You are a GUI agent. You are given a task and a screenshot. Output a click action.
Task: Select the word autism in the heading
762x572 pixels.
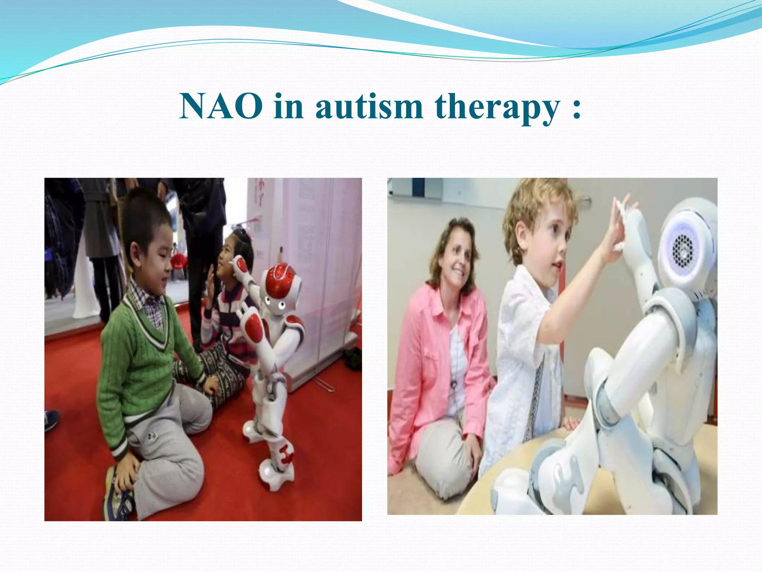tap(369, 107)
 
